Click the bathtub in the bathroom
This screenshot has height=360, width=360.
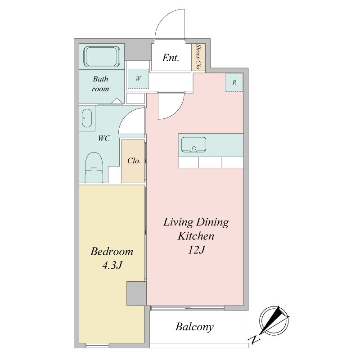102,57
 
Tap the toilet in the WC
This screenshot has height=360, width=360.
94,167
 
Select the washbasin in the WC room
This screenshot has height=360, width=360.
87,118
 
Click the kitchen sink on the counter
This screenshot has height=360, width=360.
193,145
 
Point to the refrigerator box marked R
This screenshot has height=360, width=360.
234,83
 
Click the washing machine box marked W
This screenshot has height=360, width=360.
138,79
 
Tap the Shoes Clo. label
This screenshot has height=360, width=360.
198,57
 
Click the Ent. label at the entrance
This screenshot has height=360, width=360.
171,58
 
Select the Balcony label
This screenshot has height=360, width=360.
194,327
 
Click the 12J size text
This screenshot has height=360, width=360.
196,250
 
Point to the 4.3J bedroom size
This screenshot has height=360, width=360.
112,265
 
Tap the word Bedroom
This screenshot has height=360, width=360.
112,252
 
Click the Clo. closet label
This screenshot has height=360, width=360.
134,161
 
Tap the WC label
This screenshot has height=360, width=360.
104,138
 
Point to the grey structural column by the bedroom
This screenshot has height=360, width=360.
136,293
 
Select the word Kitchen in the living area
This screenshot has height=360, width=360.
196,236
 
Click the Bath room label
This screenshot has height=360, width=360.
100,84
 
